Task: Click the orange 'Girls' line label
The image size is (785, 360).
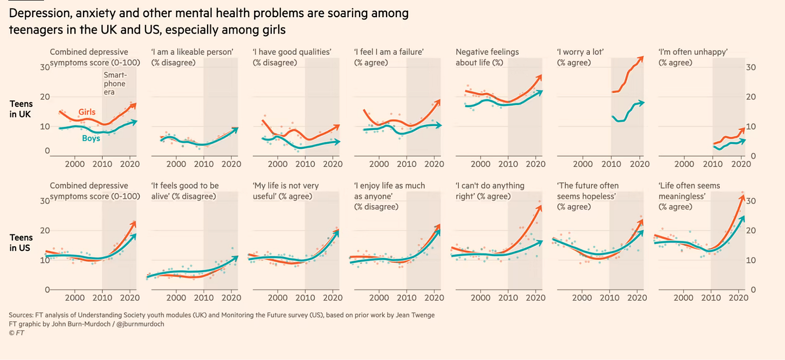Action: coord(87,112)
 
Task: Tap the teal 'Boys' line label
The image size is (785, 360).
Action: coord(91,139)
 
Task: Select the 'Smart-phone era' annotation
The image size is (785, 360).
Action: coord(114,84)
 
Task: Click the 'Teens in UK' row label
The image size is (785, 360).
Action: coord(21,109)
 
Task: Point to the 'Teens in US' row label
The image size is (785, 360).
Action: coord(21,243)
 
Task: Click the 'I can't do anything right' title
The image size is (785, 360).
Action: coord(490,191)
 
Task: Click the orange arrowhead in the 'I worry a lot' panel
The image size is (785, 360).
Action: coord(641,58)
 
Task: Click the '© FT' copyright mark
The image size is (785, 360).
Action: coord(16,333)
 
